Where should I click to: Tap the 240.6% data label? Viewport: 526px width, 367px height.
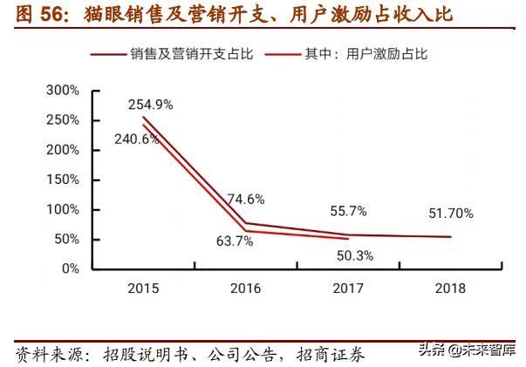[x=136, y=138]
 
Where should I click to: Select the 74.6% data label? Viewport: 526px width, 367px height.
[x=246, y=199]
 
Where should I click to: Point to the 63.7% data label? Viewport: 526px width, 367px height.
[x=233, y=241]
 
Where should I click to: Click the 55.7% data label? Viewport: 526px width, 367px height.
[x=348, y=210]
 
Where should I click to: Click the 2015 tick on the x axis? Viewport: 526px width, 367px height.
[x=144, y=289]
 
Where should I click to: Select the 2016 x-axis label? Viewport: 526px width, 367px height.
[x=245, y=289]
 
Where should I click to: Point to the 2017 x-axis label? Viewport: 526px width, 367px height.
[x=348, y=289]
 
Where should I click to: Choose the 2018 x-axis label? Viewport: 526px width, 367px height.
[x=450, y=289]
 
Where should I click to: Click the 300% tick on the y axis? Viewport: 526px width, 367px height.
[x=62, y=91]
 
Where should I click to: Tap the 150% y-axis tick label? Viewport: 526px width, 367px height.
[x=62, y=180]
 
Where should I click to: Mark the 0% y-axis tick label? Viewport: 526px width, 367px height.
[x=69, y=268]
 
